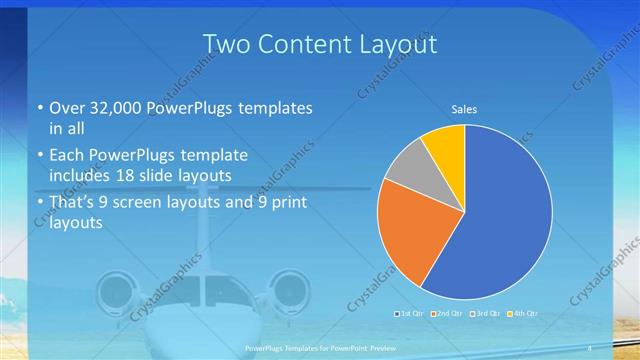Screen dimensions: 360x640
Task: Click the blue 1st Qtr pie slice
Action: [x=500, y=220]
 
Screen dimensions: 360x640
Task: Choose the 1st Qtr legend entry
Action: [x=408, y=314]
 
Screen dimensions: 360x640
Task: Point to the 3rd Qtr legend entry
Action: [x=485, y=314]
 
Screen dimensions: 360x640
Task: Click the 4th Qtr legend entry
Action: [x=523, y=314]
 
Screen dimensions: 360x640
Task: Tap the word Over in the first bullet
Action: [x=66, y=107]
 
